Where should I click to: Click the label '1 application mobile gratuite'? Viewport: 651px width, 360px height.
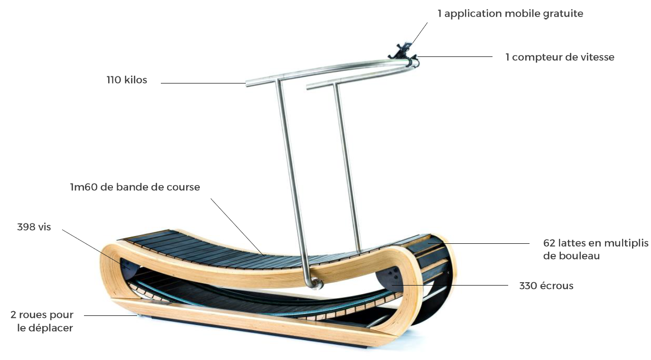[x=510, y=14]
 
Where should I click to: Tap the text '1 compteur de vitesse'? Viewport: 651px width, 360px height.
[x=560, y=57]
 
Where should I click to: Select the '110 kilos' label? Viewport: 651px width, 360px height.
[x=127, y=80]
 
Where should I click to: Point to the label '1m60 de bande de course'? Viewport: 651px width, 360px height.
[x=135, y=187]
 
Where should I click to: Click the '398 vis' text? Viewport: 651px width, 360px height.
[x=34, y=227]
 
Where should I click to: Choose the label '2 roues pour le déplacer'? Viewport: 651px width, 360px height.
[x=43, y=321]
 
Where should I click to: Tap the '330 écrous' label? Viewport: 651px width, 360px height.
[x=546, y=286]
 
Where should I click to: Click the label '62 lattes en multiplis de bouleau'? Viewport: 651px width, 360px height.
[x=595, y=249]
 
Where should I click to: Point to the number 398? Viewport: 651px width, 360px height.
[x=26, y=227]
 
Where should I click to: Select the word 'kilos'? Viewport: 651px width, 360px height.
[x=136, y=80]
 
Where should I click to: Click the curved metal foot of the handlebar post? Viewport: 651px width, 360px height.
[x=314, y=283]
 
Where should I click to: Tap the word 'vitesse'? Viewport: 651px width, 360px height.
[x=597, y=57]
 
